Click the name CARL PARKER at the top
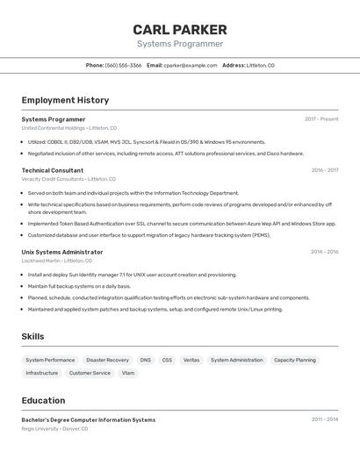tap(180, 29)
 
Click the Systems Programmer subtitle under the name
tap(180, 44)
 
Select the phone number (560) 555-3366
tap(123, 65)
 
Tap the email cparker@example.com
tap(191, 65)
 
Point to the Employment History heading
tap(65, 100)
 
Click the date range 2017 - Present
tap(321, 119)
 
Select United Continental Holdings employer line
tap(68, 128)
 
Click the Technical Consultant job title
tap(53, 170)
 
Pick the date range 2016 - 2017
tap(324, 170)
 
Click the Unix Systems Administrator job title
tap(62, 252)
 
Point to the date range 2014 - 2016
tap(324, 252)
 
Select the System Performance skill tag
tap(50, 360)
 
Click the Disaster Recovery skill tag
tap(107, 360)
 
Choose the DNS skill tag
tap(145, 360)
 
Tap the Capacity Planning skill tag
tap(294, 360)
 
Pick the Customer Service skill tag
tap(90, 373)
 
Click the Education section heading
tap(43, 400)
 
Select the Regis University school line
tap(55, 429)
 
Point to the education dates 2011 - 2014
tap(324, 419)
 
